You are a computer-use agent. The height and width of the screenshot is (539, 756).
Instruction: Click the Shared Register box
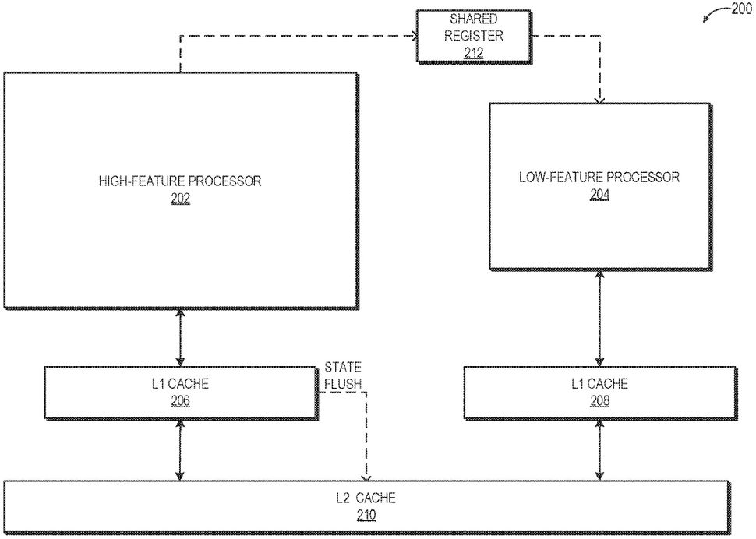point(473,35)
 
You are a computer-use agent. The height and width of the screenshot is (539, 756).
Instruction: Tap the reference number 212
point(473,53)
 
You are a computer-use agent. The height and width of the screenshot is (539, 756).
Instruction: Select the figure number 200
point(741,9)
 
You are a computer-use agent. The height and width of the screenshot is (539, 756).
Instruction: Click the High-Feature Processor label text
point(180,181)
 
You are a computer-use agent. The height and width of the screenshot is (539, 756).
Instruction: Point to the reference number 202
point(180,198)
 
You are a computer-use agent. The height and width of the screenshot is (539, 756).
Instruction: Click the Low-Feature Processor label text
point(599,177)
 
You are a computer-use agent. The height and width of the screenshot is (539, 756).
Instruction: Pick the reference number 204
point(599,194)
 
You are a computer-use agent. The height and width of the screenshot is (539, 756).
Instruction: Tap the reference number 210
point(366,515)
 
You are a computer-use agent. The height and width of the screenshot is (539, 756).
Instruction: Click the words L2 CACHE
point(366,498)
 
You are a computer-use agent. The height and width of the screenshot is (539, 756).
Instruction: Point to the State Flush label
point(343,374)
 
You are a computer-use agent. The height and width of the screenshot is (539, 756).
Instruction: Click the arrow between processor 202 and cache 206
point(181,336)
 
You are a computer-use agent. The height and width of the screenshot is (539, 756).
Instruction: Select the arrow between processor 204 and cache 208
point(599,319)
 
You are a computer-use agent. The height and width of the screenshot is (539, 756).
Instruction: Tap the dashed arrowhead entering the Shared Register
point(412,34)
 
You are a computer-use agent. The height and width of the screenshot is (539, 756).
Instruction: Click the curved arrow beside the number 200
point(715,14)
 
